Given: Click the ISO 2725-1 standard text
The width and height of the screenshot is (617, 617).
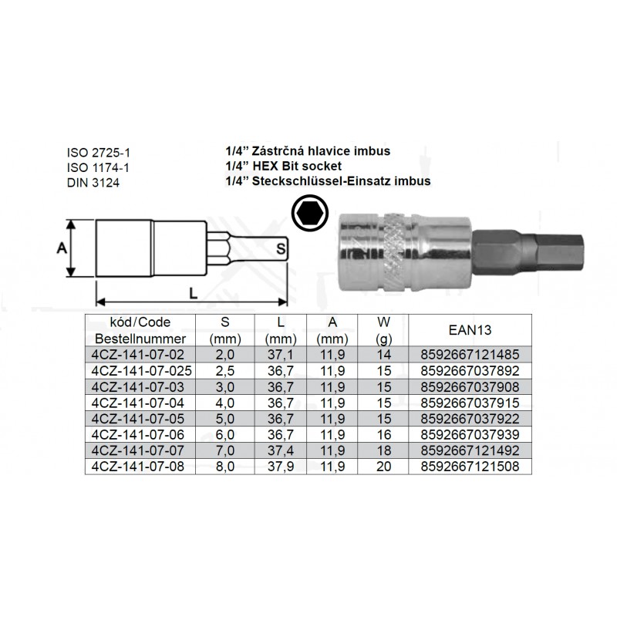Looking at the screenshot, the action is (x=98, y=153).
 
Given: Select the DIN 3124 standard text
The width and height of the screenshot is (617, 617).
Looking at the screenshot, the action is (x=93, y=183).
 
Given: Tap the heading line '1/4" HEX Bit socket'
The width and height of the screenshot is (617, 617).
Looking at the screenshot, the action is (x=283, y=166).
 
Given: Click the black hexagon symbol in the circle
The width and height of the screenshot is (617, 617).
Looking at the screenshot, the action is (x=310, y=214).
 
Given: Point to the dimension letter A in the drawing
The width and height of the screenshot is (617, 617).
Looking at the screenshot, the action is (x=62, y=248).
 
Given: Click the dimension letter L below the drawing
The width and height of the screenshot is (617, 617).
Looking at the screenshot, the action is (x=194, y=293).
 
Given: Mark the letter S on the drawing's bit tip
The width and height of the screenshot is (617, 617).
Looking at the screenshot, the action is (x=280, y=248).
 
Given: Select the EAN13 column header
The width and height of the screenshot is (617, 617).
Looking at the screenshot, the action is (x=470, y=330).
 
